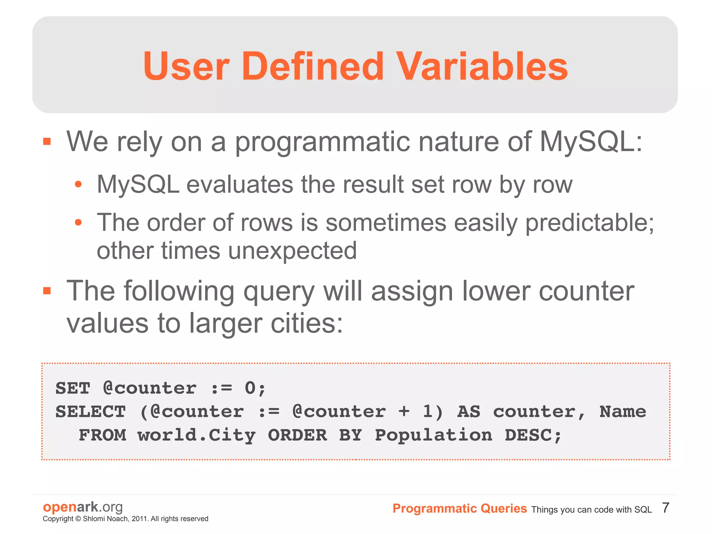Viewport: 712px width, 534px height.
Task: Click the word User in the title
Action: pyautogui.click(x=186, y=66)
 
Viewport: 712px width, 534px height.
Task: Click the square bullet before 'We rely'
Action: pyautogui.click(x=47, y=142)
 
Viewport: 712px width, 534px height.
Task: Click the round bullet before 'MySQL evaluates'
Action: pyautogui.click(x=78, y=184)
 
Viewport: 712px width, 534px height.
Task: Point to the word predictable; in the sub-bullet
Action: pyautogui.click(x=589, y=223)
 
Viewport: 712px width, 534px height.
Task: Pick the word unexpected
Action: pyautogui.click(x=293, y=251)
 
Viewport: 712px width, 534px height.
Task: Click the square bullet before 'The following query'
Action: pyautogui.click(x=47, y=291)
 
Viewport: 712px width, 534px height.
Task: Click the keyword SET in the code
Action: pyautogui.click(x=73, y=388)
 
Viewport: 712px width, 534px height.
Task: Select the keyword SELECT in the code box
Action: pyautogui.click(x=90, y=412)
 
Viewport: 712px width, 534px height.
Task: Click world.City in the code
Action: pyautogui.click(x=196, y=435)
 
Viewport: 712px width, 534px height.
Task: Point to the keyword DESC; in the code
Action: pyautogui.click(x=533, y=435)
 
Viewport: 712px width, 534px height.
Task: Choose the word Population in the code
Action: pyautogui.click(x=433, y=435)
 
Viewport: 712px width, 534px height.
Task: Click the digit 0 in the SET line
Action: pyautogui.click(x=250, y=388)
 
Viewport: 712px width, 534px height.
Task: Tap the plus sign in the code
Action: pyautogui.click(x=404, y=412)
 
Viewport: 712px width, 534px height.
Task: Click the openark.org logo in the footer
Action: pyautogui.click(x=83, y=507)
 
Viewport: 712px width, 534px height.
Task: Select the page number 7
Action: pyautogui.click(x=665, y=508)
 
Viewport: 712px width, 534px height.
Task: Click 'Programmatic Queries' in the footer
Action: pyautogui.click(x=460, y=509)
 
